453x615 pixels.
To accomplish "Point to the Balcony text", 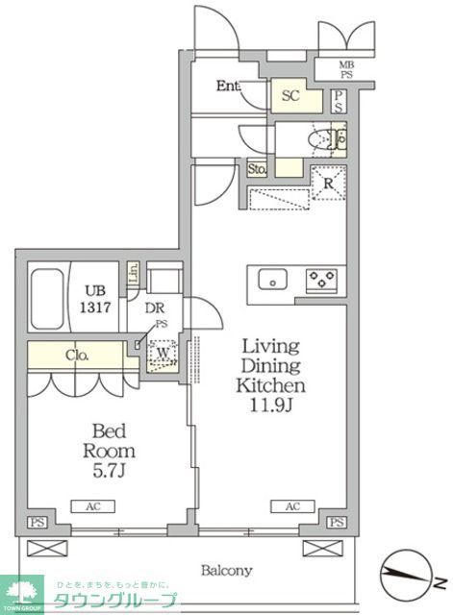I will [226, 570].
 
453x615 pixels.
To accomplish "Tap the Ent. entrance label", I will [228, 86].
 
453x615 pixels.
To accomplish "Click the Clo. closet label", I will [77, 355].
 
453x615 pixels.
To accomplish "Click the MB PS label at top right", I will [345, 71].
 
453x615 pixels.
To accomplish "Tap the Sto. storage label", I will [257, 169].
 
